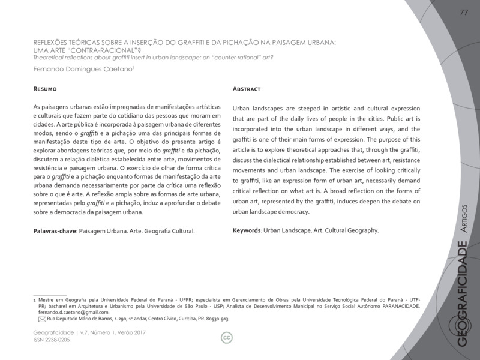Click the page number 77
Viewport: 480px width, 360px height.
point(464,13)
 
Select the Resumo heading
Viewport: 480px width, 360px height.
point(45,89)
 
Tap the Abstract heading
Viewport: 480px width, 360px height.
point(246,89)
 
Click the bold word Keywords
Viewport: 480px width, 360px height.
point(246,230)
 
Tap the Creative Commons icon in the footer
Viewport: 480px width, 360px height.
point(227,338)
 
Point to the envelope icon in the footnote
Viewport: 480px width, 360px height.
point(41,319)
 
